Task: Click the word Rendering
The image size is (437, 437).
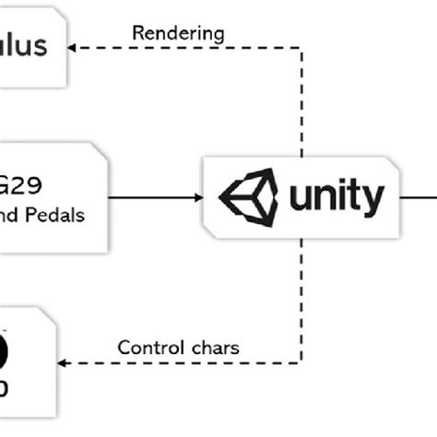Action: click(178, 32)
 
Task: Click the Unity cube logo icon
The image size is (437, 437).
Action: click(246, 196)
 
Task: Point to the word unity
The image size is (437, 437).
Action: click(334, 196)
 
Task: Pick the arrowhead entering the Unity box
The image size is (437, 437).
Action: click(199, 196)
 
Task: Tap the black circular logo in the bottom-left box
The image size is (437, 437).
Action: click(5, 353)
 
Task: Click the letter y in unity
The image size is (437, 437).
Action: click(373, 200)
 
